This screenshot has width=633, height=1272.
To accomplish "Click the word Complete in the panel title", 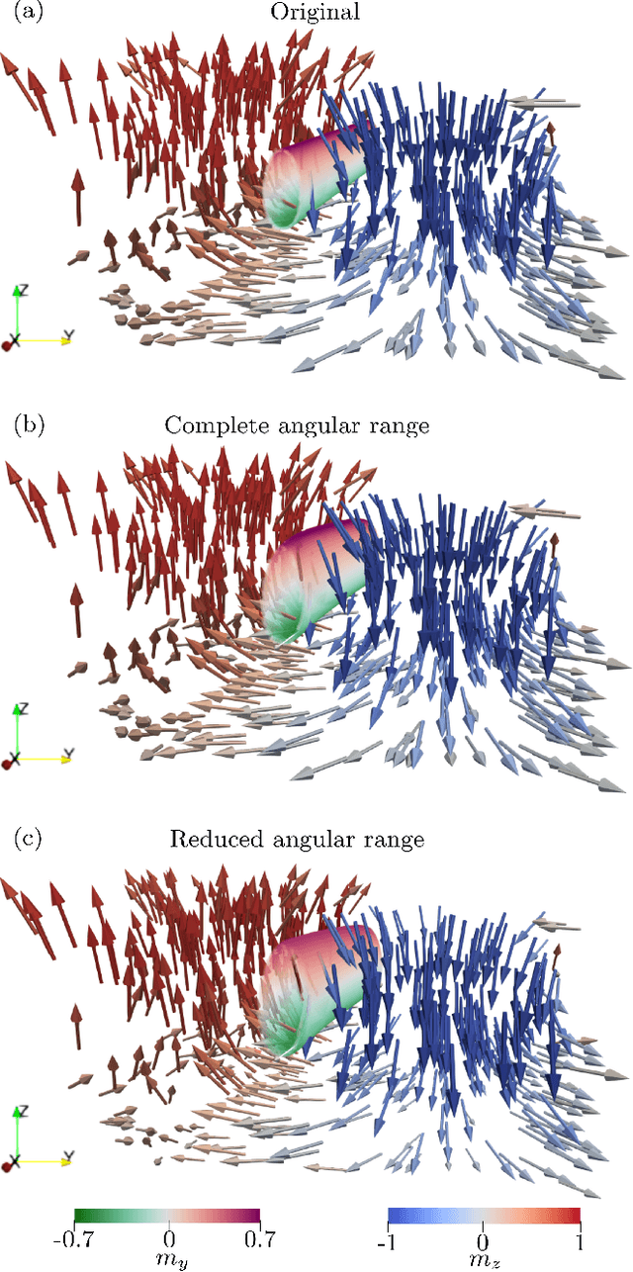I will pyautogui.click(x=210, y=426).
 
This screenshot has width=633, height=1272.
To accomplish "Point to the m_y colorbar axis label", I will pyautogui.click(x=168, y=1259).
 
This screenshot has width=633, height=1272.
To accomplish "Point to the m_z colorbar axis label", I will pyautogui.click(x=482, y=1259).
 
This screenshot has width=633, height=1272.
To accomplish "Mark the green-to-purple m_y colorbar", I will pyautogui.click(x=167, y=1218).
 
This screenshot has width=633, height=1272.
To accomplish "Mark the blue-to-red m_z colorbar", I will pyautogui.click(x=482, y=1218).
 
